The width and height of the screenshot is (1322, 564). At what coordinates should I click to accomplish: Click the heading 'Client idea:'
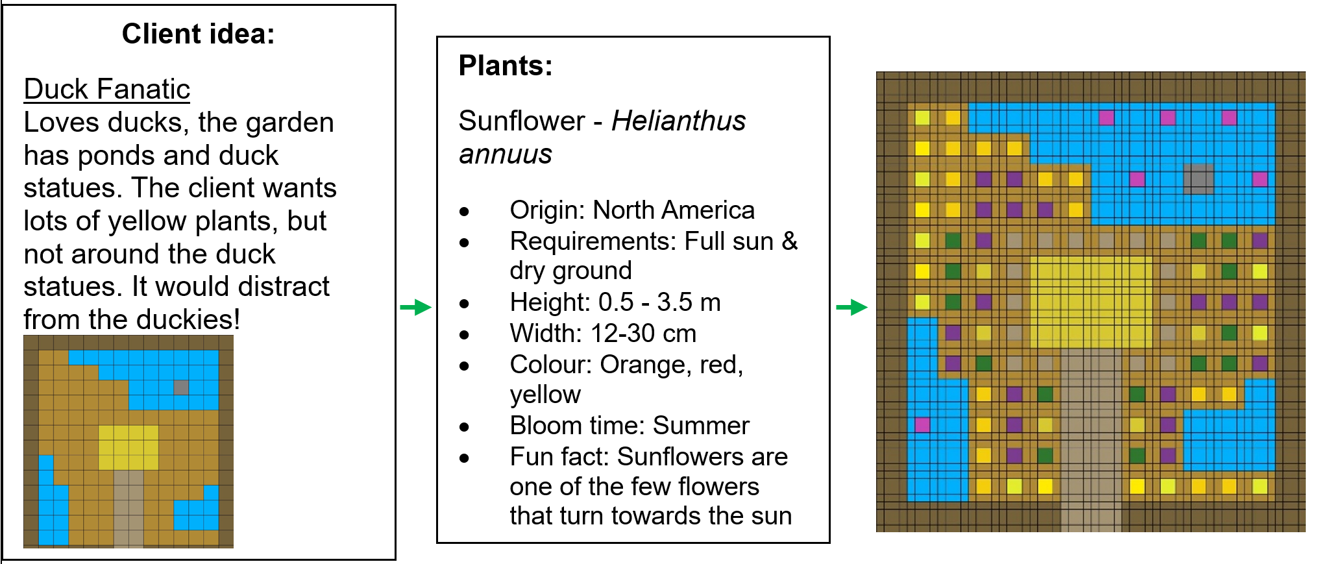pyautogui.click(x=198, y=34)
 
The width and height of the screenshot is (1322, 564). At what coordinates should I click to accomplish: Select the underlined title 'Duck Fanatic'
pyautogui.click(x=107, y=89)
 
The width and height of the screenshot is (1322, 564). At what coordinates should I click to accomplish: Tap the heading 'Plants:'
pyautogui.click(x=506, y=66)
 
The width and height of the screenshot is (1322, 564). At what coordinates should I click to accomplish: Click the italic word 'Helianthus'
pyautogui.click(x=679, y=121)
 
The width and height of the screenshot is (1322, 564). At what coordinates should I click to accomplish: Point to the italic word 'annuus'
pyautogui.click(x=506, y=154)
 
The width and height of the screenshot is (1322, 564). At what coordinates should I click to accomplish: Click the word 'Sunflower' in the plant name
pyautogui.click(x=522, y=121)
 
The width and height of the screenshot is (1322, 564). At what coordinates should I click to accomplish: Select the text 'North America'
pyautogui.click(x=674, y=210)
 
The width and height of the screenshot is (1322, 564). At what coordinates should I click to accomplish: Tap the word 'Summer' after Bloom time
pyautogui.click(x=701, y=425)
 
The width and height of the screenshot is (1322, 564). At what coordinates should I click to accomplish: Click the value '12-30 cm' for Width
pyautogui.click(x=644, y=333)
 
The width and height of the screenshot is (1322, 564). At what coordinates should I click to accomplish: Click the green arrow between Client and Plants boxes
pyautogui.click(x=416, y=307)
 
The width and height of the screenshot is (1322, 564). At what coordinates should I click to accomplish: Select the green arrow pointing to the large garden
pyautogui.click(x=852, y=307)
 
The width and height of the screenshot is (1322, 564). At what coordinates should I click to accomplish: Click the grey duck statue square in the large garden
pyautogui.click(x=1199, y=179)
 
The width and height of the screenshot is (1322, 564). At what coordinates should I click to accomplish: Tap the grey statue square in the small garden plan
pyautogui.click(x=181, y=387)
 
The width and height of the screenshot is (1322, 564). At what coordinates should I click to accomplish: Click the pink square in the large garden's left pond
pyautogui.click(x=922, y=425)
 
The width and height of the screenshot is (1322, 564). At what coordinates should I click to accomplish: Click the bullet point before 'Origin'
pyautogui.click(x=464, y=212)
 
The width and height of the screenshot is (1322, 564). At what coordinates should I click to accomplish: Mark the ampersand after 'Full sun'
pyautogui.click(x=790, y=241)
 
